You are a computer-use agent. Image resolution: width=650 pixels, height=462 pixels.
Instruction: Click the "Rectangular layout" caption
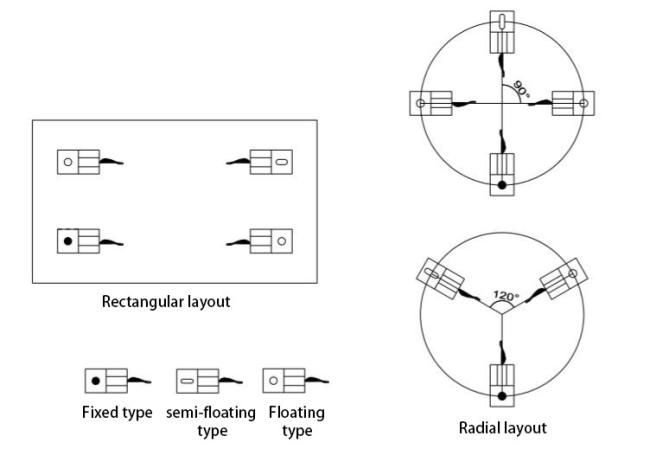tap(166, 301)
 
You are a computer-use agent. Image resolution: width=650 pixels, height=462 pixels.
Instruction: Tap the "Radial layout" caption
tap(503, 428)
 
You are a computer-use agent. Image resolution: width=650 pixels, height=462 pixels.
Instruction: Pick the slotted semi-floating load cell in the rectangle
tap(270, 160)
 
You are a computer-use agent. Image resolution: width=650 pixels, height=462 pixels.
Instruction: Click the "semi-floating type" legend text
tap(211, 420)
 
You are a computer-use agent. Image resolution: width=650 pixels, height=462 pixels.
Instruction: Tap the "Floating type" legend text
tap(295, 420)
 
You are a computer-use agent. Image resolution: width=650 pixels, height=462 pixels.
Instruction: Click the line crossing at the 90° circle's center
tap(502, 103)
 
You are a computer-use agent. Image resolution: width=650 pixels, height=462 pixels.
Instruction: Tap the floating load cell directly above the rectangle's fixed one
tap(78, 160)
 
